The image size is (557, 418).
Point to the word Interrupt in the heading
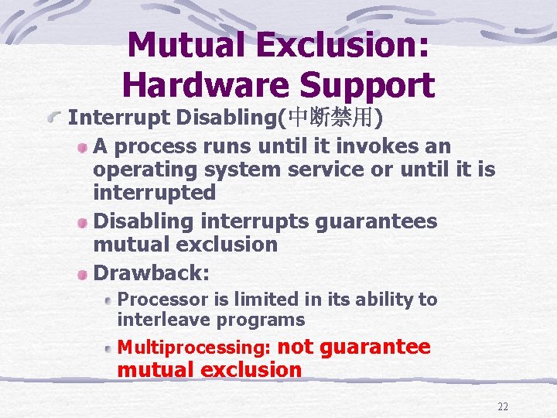(x=119, y=118)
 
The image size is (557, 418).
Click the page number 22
(x=503, y=407)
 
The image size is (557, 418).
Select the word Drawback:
(x=152, y=273)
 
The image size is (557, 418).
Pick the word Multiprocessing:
(x=193, y=348)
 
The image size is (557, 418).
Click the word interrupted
(x=154, y=191)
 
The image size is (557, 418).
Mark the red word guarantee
(x=374, y=347)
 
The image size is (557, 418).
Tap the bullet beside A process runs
(x=83, y=147)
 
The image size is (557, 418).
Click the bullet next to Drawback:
(x=83, y=274)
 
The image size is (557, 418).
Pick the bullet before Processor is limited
(x=109, y=300)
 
